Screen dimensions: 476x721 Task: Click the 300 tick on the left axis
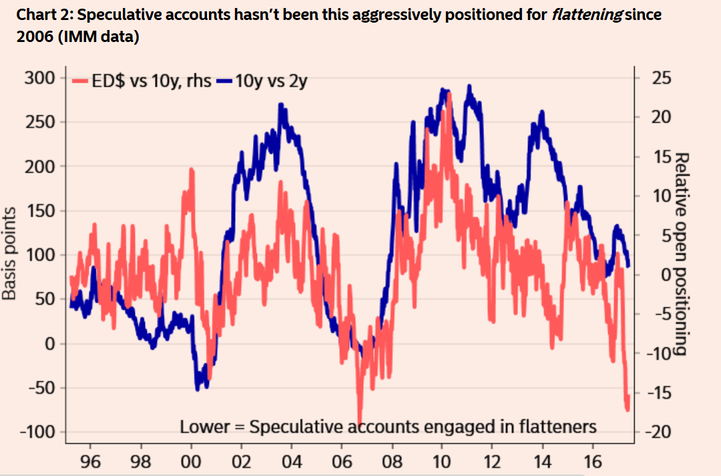(x=40, y=78)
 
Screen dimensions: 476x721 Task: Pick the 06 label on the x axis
(x=341, y=461)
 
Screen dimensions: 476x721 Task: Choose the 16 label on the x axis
(x=592, y=461)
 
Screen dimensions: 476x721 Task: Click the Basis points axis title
(x=9, y=253)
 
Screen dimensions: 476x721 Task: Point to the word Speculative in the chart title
(x=115, y=15)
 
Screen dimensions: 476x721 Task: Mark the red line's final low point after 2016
(x=628, y=409)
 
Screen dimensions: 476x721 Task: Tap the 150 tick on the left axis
(x=40, y=211)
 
